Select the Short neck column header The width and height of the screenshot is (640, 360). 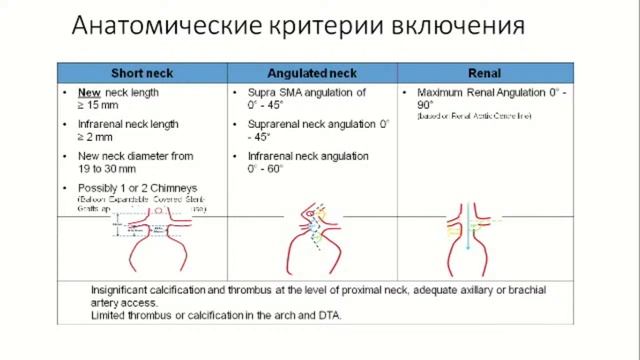pos(142,74)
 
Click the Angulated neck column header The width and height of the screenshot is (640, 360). pos(312,74)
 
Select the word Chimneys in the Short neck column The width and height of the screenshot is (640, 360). pos(172,188)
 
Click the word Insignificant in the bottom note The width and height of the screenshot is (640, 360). pos(126,286)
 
